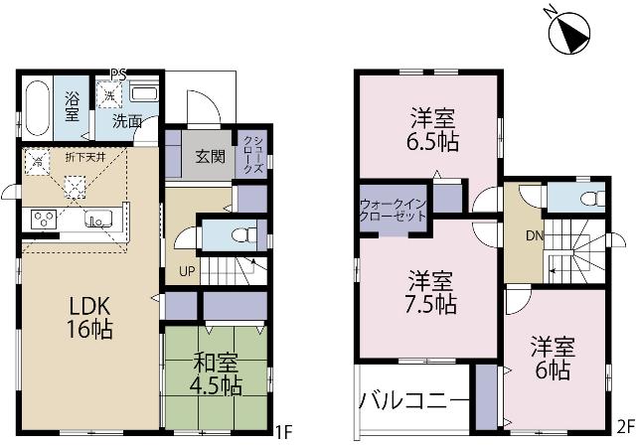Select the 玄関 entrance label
coord(209,156)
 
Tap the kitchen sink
coord(100,221)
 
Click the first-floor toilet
coord(239,235)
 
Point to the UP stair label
coord(186,270)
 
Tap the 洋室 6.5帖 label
coord(433,129)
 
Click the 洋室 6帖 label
coord(550,358)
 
